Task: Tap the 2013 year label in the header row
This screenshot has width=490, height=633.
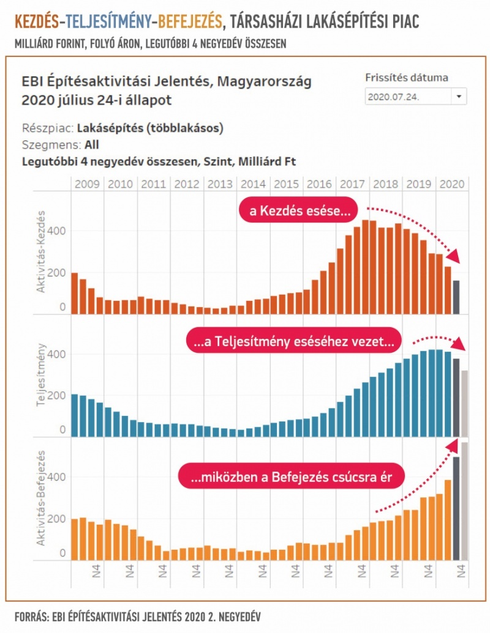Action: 219,184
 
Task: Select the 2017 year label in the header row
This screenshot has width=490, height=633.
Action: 352,184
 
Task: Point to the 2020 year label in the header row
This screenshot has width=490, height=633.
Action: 452,184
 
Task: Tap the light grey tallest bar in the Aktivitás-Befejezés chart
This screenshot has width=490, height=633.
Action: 465,500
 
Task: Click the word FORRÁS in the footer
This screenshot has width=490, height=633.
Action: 30,613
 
